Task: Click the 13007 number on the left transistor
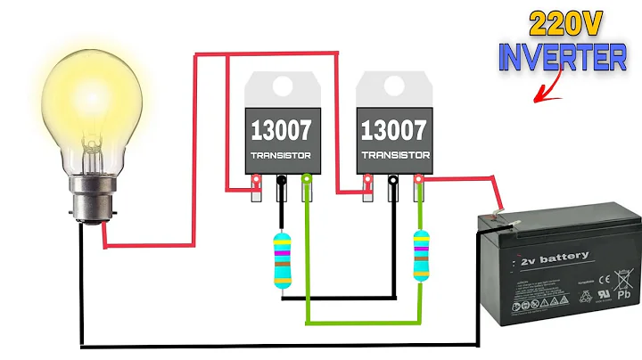click(x=281, y=130)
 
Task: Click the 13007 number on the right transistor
click(x=394, y=130)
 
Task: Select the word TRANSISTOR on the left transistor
click(x=281, y=156)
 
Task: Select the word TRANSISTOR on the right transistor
click(x=394, y=156)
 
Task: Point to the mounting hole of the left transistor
click(x=281, y=86)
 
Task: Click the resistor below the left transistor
click(x=282, y=260)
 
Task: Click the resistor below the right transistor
click(x=420, y=257)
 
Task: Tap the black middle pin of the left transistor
click(x=282, y=187)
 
